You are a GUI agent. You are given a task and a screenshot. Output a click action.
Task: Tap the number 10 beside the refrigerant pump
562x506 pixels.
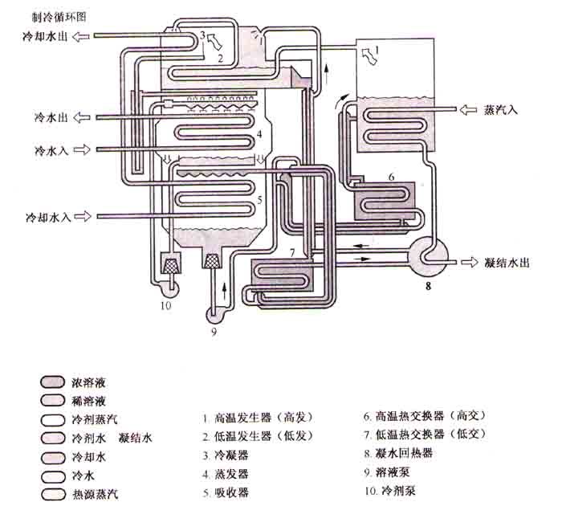point(165,304)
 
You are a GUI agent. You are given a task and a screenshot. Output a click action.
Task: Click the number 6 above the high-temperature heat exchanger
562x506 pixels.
point(391,174)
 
